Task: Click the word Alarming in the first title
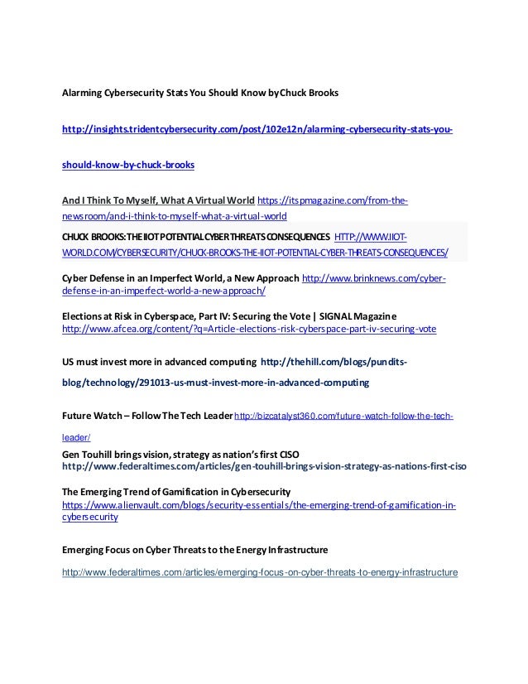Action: [x=83, y=92]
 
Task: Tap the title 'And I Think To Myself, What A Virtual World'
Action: [x=159, y=200]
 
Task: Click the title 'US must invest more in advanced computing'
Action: [x=158, y=362]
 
